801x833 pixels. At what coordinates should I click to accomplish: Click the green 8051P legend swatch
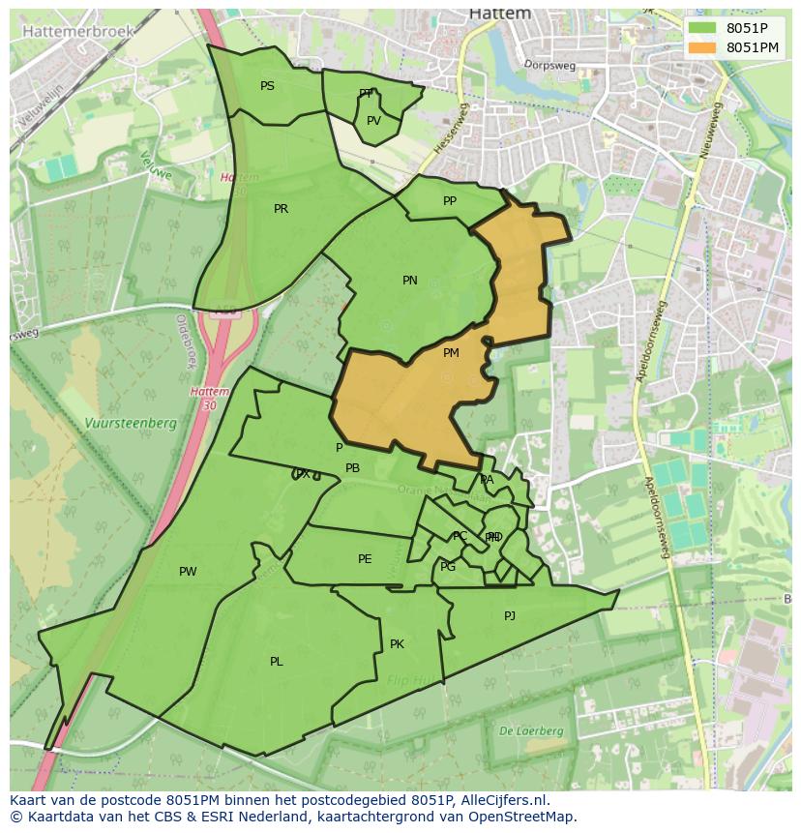point(703,28)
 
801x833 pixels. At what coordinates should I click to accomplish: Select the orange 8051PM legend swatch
point(703,47)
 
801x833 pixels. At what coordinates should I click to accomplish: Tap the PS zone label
point(267,86)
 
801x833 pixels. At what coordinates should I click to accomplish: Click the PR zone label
point(281,209)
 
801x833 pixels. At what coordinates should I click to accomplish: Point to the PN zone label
point(410,281)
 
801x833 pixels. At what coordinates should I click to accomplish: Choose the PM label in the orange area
point(451,353)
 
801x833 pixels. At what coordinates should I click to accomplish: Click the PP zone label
point(450,201)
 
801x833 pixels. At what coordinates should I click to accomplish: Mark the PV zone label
point(373,121)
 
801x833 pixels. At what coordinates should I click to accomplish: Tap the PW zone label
point(188,572)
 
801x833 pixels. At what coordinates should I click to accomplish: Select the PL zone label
point(277,662)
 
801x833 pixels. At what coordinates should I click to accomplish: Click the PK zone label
point(397,644)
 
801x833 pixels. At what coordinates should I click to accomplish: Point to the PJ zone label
point(510,615)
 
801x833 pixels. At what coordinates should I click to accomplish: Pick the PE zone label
point(365,559)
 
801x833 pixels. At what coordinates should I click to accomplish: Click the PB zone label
point(353,468)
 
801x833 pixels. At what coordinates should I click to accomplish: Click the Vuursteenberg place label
point(130,423)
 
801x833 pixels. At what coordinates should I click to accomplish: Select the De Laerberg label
point(531,730)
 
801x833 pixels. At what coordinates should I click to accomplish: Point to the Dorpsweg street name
point(549,65)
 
